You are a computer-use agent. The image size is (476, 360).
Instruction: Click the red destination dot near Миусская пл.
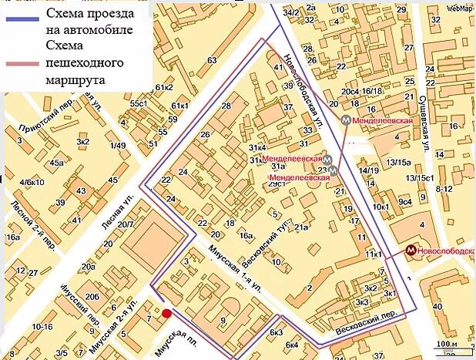click(x=166, y=312)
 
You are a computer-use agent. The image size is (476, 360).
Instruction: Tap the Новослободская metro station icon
click(x=412, y=251)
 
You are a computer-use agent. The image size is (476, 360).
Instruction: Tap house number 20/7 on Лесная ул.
click(x=125, y=224)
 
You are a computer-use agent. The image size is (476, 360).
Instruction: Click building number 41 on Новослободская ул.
click(x=279, y=67)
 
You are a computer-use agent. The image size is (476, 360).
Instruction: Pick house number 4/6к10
click(x=32, y=182)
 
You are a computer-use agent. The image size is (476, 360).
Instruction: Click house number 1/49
click(x=117, y=145)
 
